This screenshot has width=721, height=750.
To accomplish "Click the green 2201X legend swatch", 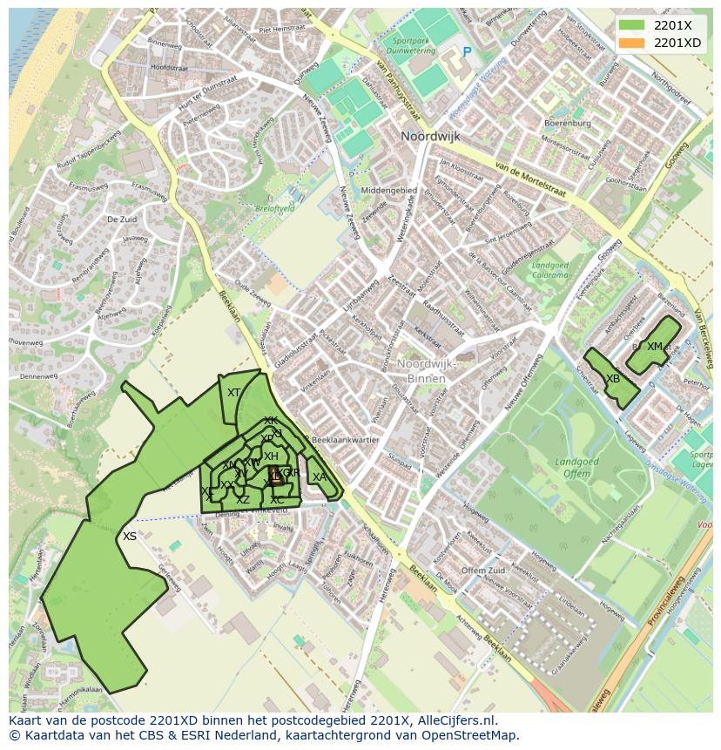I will click(633, 25).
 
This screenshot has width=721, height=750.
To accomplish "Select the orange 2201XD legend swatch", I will click(633, 43).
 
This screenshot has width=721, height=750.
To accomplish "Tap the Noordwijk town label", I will click(430, 137).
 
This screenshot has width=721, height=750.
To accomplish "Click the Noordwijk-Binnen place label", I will click(421, 371).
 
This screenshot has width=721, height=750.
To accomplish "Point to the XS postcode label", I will click(130, 537).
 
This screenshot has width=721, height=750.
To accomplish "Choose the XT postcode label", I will click(233, 393).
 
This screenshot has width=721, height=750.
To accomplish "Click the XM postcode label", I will click(655, 347).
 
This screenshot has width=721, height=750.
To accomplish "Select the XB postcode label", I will click(613, 379).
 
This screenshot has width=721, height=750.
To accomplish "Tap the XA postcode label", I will click(320, 476).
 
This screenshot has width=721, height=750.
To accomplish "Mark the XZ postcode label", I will click(243, 499).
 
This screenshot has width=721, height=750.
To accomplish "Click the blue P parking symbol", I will click(467, 52).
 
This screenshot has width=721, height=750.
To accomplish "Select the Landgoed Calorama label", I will click(550, 270).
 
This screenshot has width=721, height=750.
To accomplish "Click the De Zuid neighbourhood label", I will click(124, 220).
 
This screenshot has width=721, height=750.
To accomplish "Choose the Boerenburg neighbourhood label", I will click(567, 124).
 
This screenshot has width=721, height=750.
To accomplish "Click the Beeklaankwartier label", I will click(346, 440).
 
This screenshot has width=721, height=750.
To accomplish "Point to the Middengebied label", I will click(388, 190).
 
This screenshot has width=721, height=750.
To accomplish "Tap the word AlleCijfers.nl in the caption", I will click(458, 720).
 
